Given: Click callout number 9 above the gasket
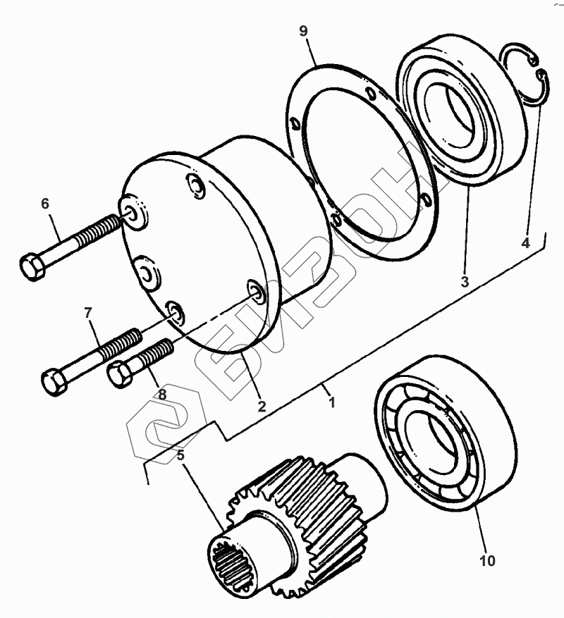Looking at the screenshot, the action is pos(303,31).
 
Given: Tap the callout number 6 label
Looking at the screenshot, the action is pos(45,204).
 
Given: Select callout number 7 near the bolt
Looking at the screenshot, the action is pos(87,311).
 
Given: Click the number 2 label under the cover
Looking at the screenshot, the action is pos(262,406).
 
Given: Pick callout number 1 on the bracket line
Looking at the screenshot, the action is pos(331,402).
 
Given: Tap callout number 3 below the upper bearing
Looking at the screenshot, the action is pos(465,282).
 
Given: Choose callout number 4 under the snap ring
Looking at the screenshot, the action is pos(525,243).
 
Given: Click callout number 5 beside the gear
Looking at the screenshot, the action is pos(181,455).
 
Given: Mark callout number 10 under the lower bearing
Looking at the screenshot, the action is pos(487,561).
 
